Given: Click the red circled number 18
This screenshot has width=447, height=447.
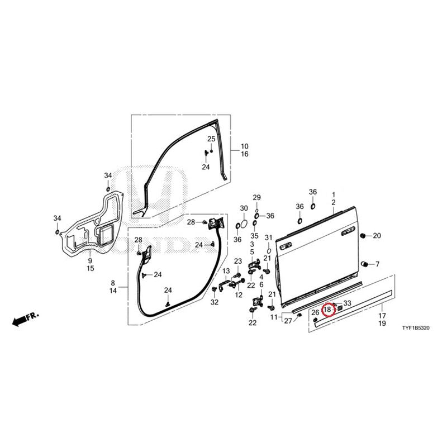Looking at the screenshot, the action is (x=327, y=310).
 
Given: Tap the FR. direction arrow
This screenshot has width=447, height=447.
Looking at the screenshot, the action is (x=25, y=319).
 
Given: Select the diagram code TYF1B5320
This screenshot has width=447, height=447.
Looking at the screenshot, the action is (x=416, y=328).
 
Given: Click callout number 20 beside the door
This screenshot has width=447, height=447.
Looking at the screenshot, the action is (x=377, y=236).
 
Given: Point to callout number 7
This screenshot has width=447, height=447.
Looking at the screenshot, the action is (x=378, y=264).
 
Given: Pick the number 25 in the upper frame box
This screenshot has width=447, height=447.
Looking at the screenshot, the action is (x=211, y=139).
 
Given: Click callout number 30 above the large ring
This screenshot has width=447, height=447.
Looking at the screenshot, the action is (x=244, y=208).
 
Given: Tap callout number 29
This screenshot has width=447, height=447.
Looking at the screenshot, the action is (x=257, y=197).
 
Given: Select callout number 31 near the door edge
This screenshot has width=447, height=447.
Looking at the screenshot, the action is (x=269, y=237).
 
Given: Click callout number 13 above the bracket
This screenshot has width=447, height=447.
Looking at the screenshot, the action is (x=226, y=271).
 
